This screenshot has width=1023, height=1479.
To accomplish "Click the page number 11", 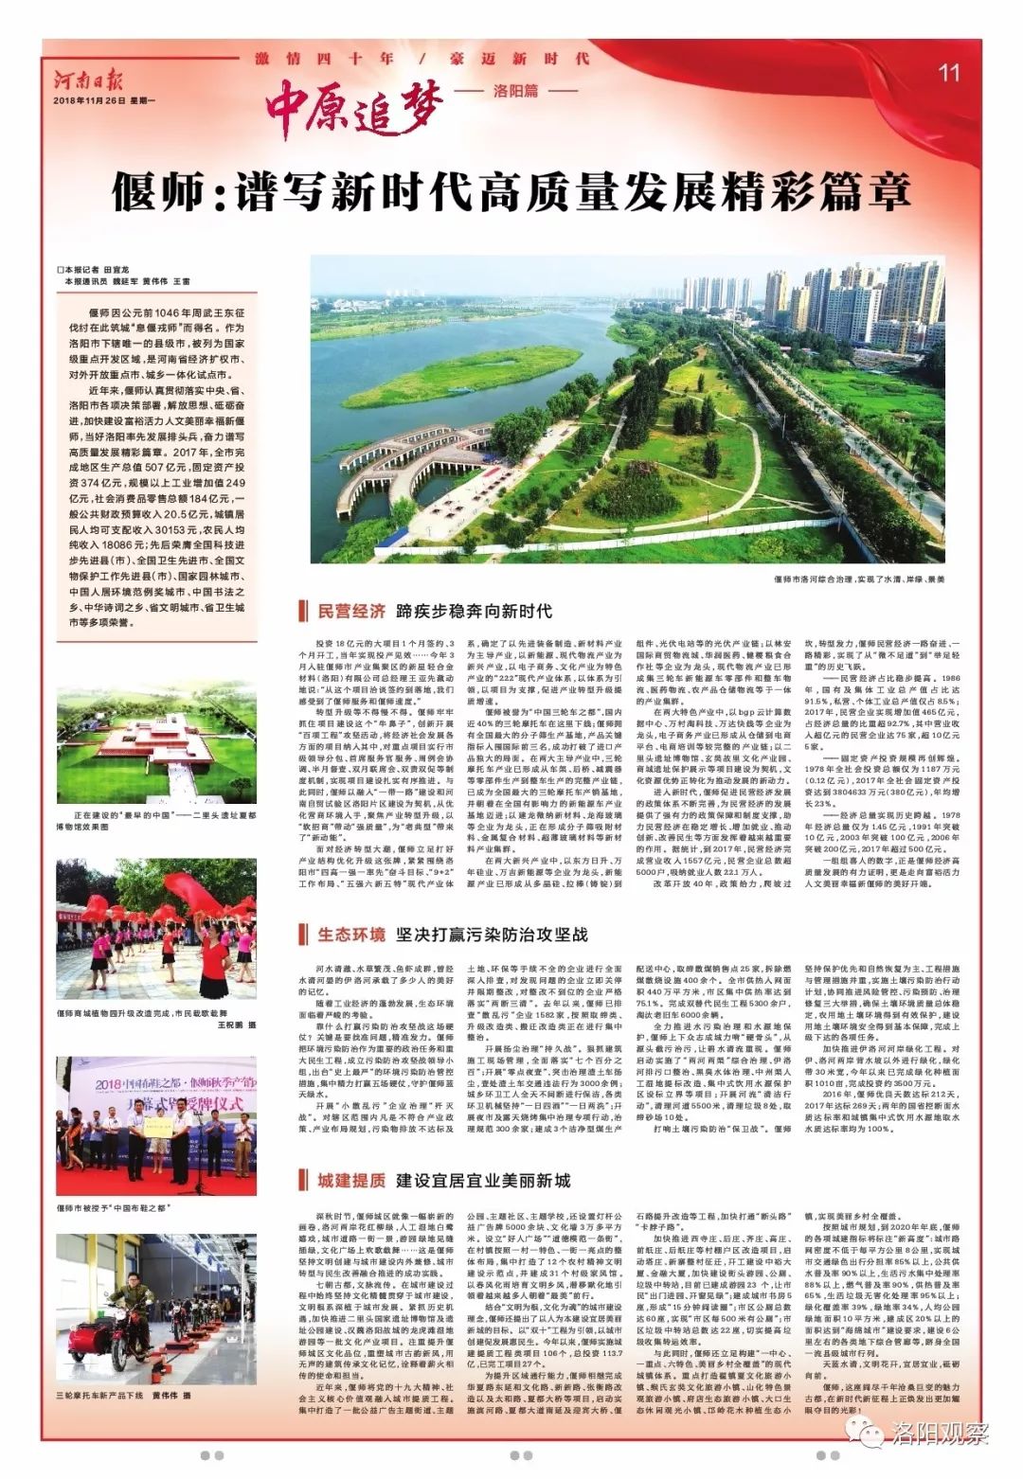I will click(x=949, y=72).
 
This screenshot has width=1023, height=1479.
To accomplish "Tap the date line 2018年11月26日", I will click(x=104, y=100).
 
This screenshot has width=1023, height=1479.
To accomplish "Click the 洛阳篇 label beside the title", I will click(x=516, y=91).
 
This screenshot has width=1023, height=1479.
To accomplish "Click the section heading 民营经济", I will click(x=351, y=611).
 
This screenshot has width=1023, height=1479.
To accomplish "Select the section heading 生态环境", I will click(x=351, y=935).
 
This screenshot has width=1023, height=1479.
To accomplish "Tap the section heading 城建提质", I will click(x=351, y=1181).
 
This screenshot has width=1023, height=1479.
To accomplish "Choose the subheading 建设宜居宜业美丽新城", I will click(x=483, y=1181).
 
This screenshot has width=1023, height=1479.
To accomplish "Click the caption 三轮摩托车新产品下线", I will click(x=123, y=1396).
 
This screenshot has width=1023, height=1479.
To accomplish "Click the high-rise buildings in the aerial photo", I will click(x=834, y=303).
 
